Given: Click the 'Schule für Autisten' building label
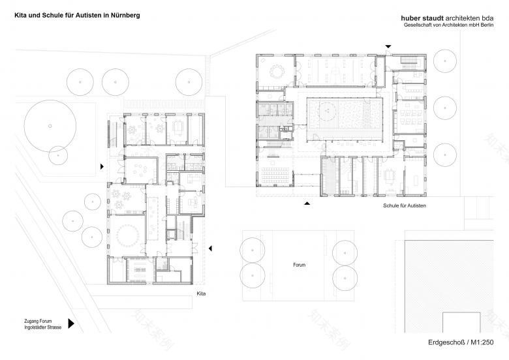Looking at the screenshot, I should (x=405, y=205).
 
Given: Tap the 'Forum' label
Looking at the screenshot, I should (x=299, y=265).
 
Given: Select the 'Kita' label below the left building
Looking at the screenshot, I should (x=201, y=295).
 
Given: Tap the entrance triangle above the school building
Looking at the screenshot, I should (x=389, y=46).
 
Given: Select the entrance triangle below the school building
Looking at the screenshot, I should (x=306, y=204).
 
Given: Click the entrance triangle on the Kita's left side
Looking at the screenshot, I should (x=102, y=167).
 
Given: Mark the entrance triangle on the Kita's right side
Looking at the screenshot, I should (x=211, y=248).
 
